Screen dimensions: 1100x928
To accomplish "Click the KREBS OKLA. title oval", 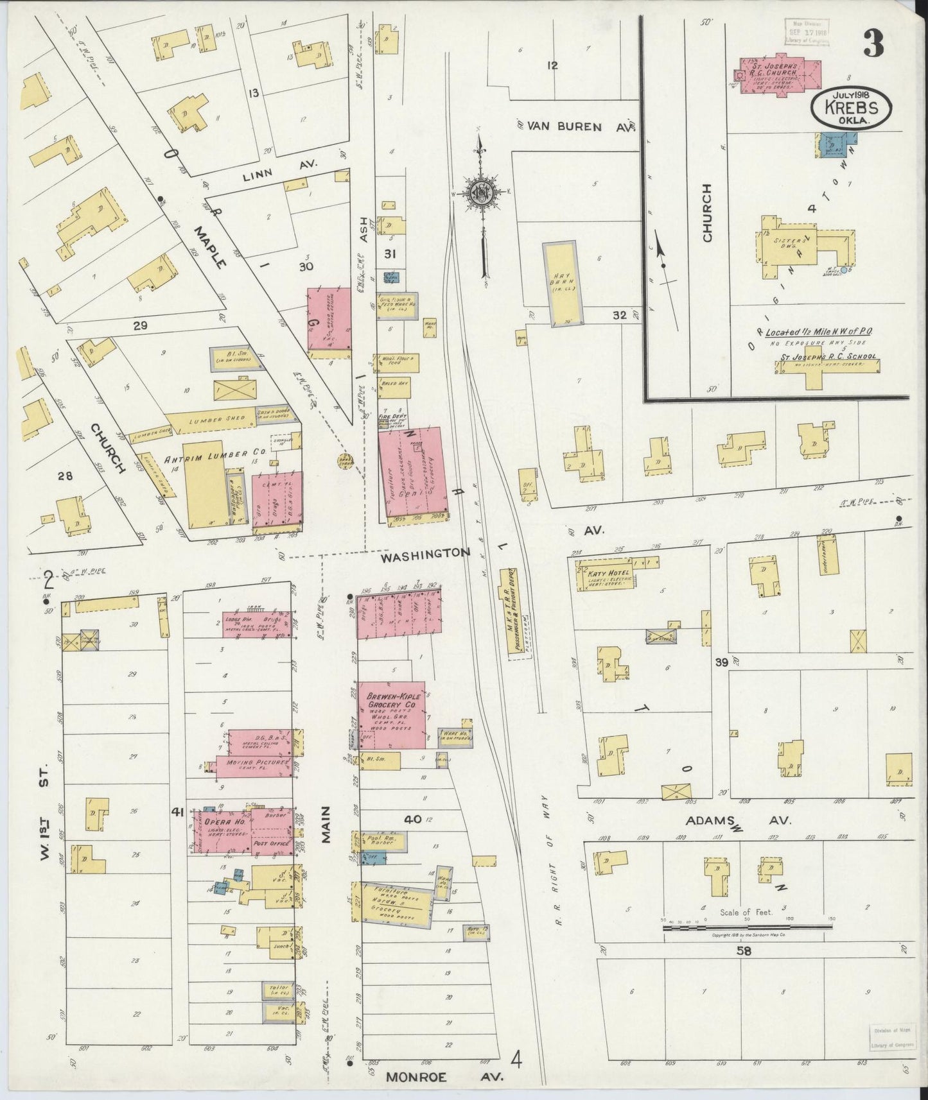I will coord(851,107).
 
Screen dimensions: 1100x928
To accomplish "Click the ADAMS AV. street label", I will coord(739,820).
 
